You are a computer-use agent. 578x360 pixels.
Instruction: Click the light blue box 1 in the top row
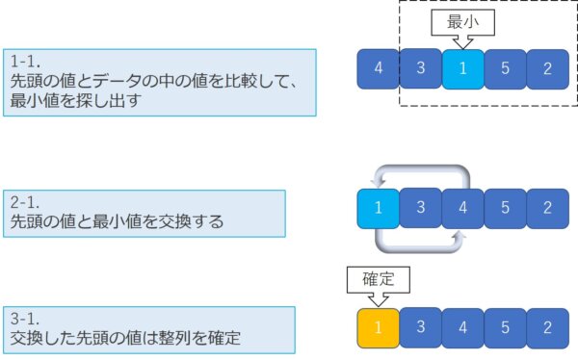464,68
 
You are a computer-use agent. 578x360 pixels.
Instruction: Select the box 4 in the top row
379,68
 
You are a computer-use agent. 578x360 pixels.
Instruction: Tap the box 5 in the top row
506,68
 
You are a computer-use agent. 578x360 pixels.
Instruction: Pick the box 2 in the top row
547,68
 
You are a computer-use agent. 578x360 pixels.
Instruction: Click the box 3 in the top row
421,68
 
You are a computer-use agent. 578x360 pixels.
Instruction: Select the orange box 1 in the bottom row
378,328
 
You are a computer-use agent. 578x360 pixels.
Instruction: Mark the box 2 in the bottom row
547,328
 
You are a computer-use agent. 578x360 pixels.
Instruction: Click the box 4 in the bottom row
463,328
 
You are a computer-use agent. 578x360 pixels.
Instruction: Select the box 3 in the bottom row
421,328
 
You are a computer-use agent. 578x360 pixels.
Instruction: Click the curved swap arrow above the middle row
421,171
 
